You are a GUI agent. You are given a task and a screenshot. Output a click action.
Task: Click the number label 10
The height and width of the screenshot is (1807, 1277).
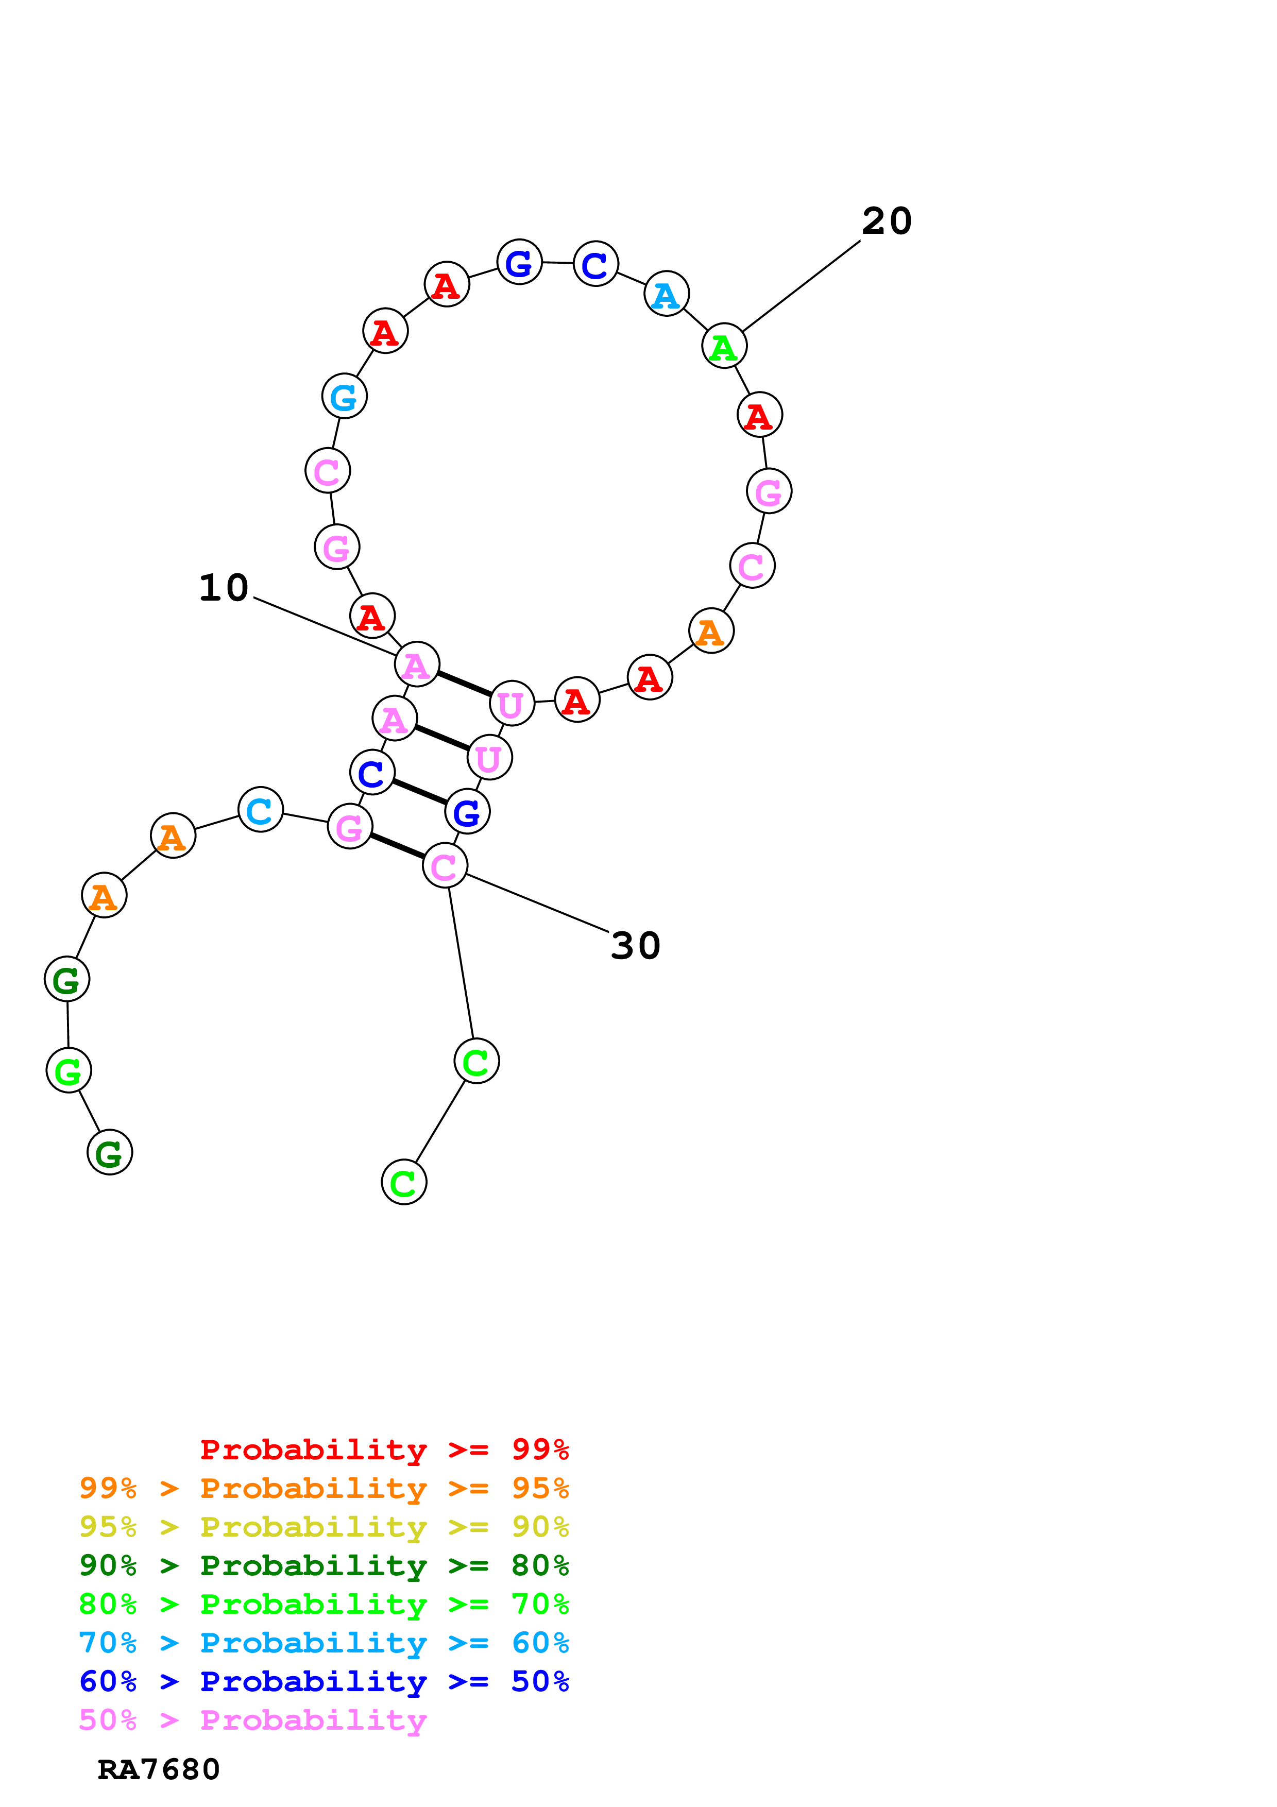(224, 588)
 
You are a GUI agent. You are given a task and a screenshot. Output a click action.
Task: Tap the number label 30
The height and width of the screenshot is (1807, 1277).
(635, 946)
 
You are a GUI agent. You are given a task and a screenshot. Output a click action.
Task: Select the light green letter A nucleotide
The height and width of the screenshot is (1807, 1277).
(723, 346)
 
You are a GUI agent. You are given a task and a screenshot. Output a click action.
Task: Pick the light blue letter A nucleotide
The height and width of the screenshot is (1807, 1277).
(667, 294)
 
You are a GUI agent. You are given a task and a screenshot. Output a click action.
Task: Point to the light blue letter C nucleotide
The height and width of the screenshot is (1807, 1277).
(260, 810)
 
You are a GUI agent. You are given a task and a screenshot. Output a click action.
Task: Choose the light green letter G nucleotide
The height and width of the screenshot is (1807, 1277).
(69, 1070)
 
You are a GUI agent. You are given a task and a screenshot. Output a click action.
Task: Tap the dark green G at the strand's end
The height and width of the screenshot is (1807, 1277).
(109, 1152)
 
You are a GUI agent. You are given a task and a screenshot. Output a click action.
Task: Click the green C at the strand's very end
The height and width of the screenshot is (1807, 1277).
(404, 1182)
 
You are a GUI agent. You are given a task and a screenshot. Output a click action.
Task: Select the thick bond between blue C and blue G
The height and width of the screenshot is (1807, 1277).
(419, 792)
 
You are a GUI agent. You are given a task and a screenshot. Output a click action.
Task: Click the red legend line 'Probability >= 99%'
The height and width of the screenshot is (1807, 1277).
(384, 1449)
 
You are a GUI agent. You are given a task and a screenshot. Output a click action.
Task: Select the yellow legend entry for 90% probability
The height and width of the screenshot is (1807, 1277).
(323, 1527)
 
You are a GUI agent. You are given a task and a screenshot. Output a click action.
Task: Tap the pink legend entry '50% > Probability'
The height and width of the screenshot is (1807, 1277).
(252, 1720)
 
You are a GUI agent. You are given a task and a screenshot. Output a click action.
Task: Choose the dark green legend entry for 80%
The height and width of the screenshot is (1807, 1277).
(323, 1565)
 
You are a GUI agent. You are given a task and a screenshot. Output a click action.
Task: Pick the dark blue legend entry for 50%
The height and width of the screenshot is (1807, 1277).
(323, 1682)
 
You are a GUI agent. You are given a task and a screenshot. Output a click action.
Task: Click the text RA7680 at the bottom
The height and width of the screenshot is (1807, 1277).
(158, 1770)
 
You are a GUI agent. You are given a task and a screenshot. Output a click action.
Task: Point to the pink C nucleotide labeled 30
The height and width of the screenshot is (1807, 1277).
(445, 866)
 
